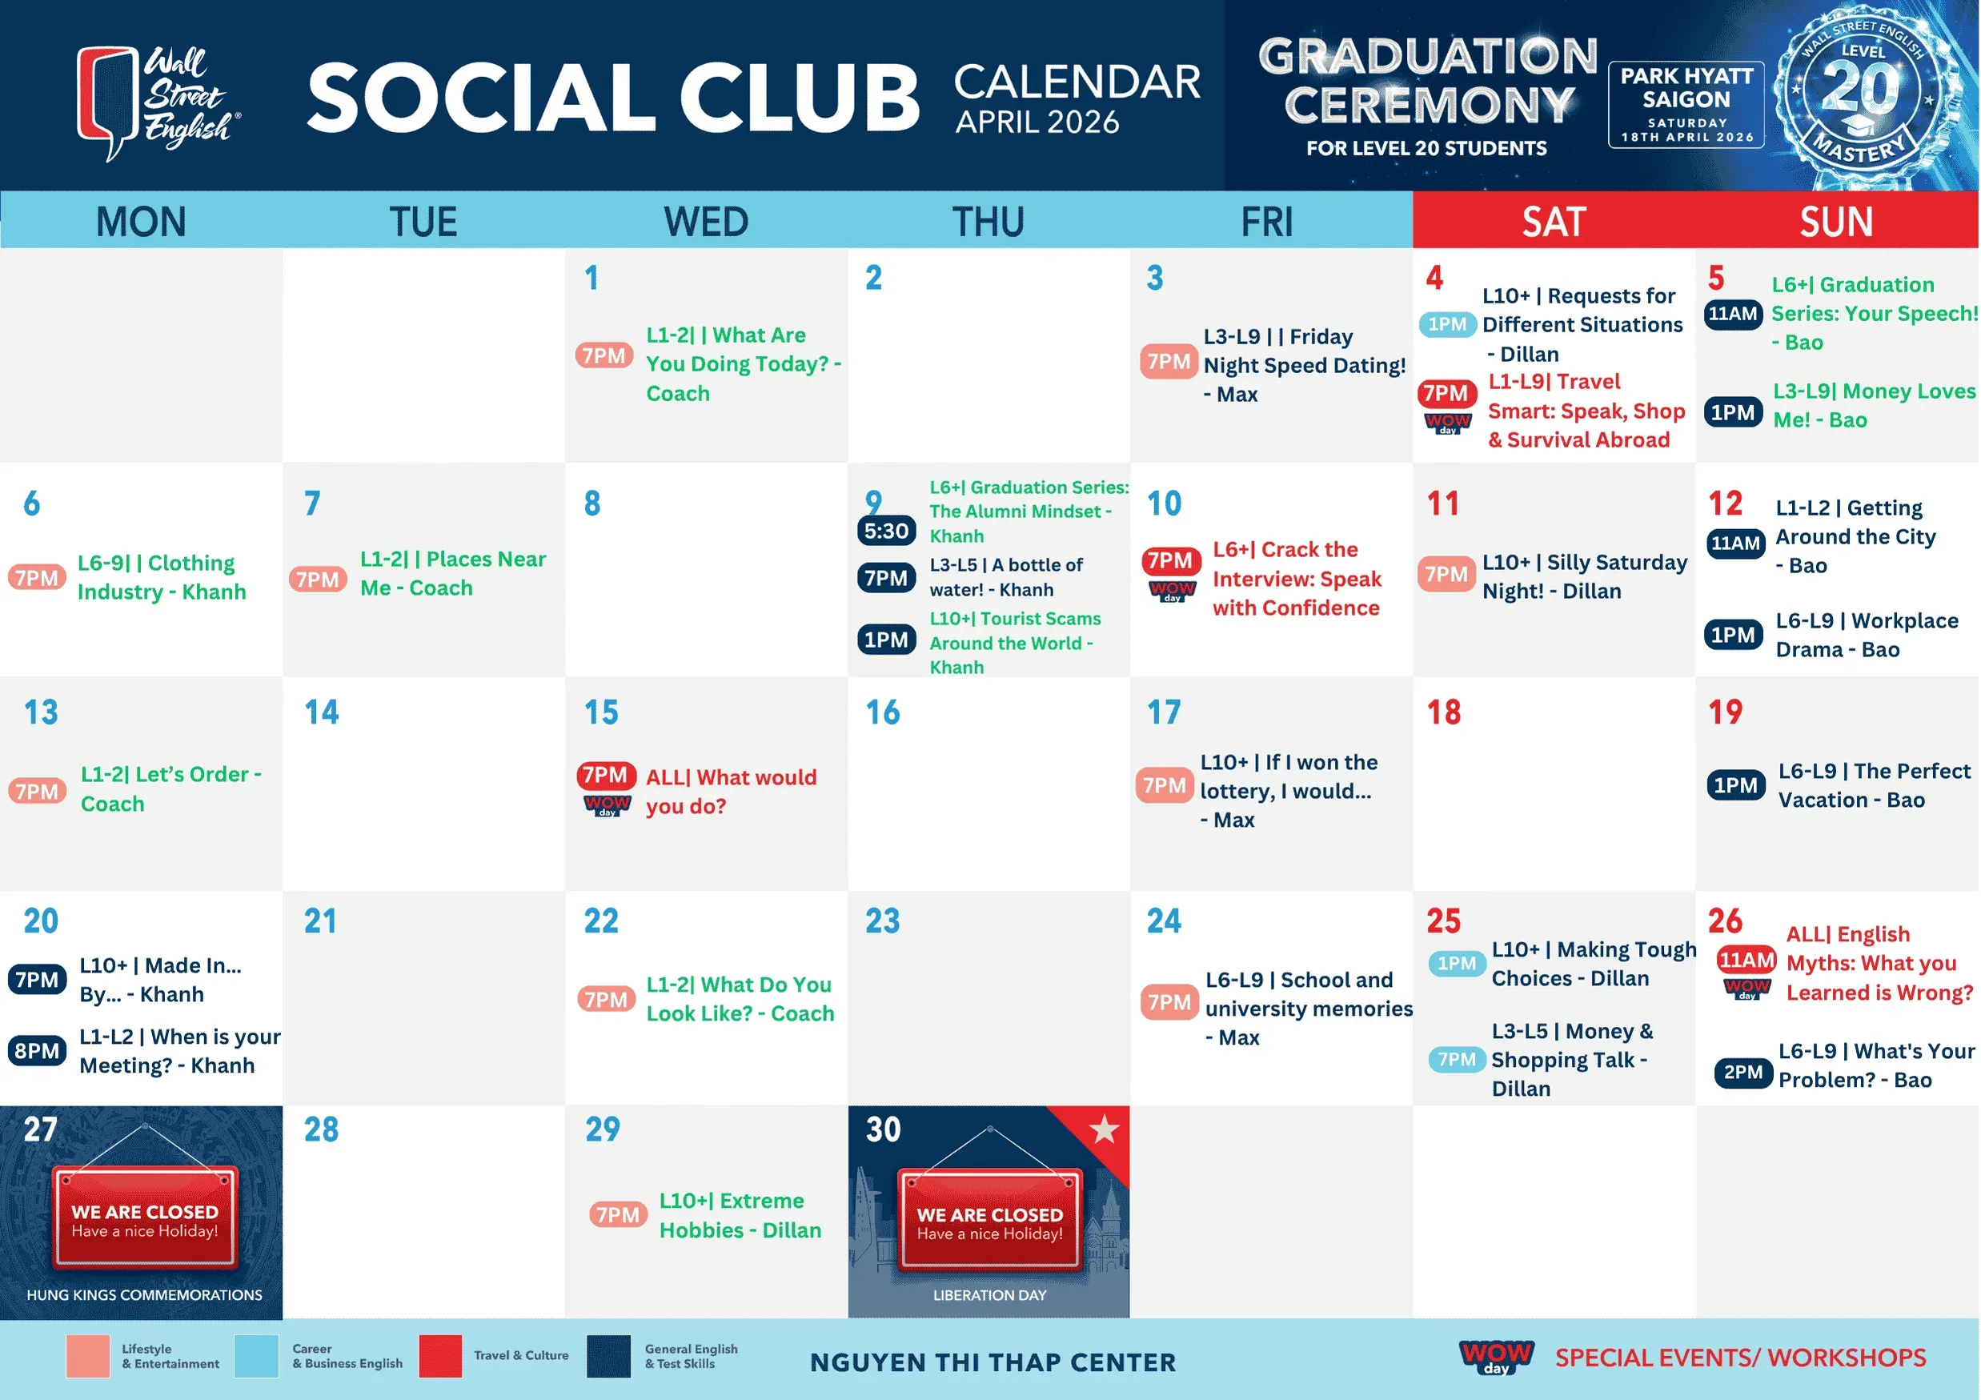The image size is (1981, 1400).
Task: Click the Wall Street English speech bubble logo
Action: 108,102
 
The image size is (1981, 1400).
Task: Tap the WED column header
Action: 706,222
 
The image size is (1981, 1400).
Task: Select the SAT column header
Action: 1554,222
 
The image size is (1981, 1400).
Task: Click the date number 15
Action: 601,712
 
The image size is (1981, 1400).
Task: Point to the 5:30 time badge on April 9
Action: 886,531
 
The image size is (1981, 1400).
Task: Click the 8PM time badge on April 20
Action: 37,1051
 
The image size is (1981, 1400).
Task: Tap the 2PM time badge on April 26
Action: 1742,1072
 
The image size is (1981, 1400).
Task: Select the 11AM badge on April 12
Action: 1735,544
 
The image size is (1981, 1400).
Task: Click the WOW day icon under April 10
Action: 1172,591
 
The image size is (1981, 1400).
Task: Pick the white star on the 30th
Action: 1104,1129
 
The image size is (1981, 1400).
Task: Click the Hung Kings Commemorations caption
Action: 144,1295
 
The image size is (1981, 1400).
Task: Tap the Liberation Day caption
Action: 989,1295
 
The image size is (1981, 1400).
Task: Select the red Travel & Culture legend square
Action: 440,1356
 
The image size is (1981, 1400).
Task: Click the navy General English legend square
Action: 608,1356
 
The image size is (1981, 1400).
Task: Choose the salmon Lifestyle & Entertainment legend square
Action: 87,1356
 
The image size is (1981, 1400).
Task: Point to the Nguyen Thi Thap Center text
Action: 993,1362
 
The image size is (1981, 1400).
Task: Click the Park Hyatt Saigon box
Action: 1686,104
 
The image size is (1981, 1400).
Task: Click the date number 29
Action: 602,1129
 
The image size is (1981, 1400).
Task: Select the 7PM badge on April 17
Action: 1164,785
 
